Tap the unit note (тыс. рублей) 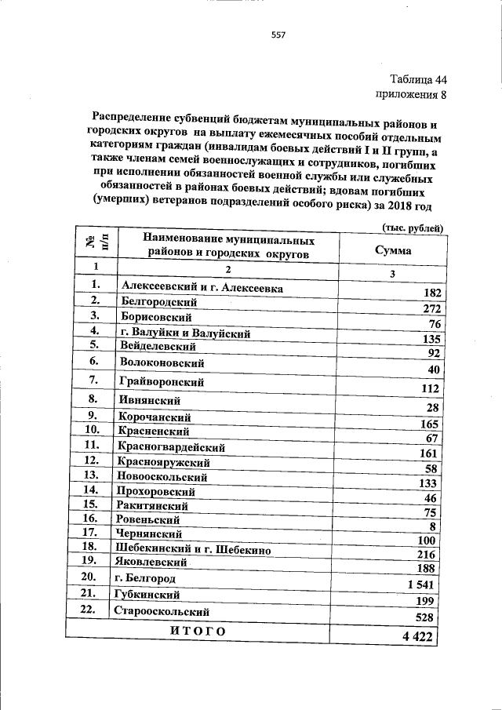click(x=413, y=228)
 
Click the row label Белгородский click(x=158, y=302)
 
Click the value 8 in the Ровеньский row click(x=432, y=526)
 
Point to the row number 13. click(x=92, y=475)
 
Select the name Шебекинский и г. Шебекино click(x=193, y=550)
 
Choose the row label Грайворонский click(x=162, y=382)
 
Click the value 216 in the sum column click(x=426, y=555)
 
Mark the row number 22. click(x=87, y=609)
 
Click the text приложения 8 click(x=411, y=96)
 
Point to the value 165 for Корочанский click(x=428, y=424)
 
